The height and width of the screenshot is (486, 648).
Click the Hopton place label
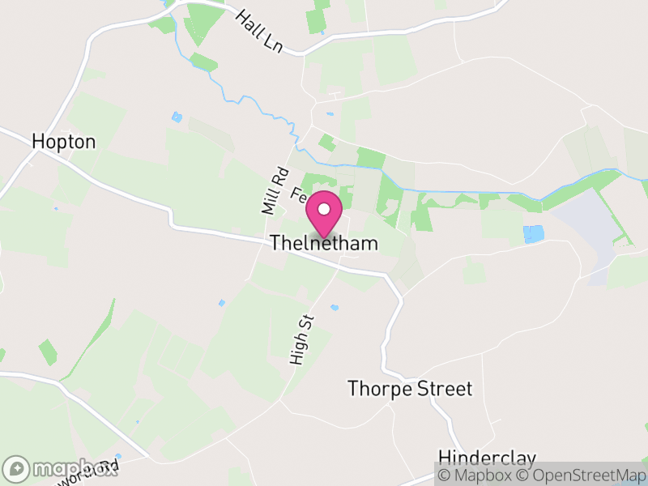click(x=63, y=142)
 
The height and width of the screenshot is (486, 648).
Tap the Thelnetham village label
click(x=324, y=243)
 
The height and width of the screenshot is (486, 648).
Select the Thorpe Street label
click(x=410, y=388)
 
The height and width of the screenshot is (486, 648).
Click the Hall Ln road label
click(x=258, y=32)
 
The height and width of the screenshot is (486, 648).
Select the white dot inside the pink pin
click(x=324, y=209)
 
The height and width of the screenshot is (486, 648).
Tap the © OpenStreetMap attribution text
click(x=582, y=475)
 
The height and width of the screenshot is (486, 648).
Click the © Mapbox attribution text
click(x=475, y=475)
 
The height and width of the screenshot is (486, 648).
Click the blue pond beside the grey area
click(x=533, y=235)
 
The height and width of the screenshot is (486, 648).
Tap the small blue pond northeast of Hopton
click(x=177, y=117)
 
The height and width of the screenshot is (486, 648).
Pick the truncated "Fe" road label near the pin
click(x=297, y=194)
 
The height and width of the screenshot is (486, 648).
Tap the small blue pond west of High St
click(x=221, y=303)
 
